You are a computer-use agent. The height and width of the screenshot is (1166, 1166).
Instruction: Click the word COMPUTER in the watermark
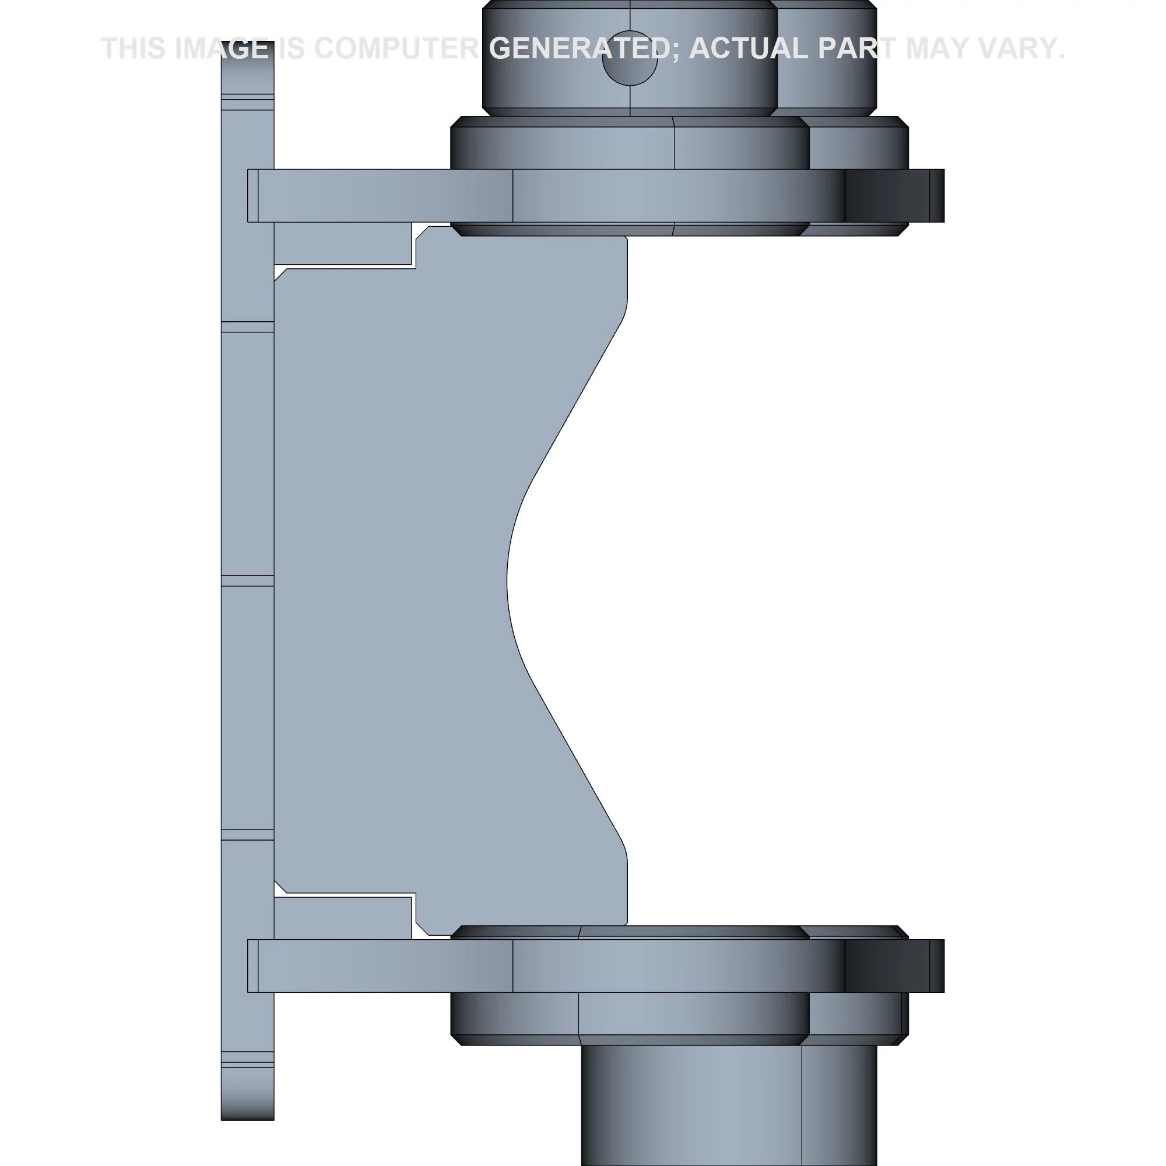click(396, 48)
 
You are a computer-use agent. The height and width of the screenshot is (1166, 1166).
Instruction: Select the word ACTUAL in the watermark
click(748, 48)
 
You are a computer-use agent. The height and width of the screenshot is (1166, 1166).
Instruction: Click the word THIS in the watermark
click(134, 48)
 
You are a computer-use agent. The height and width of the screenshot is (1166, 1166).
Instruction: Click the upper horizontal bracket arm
click(595, 195)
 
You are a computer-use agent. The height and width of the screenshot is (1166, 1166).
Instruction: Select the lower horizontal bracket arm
click(595, 965)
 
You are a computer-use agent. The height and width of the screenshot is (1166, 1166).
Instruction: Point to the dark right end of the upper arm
click(894, 195)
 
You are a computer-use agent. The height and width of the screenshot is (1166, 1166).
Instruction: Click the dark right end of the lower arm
click(894, 965)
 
